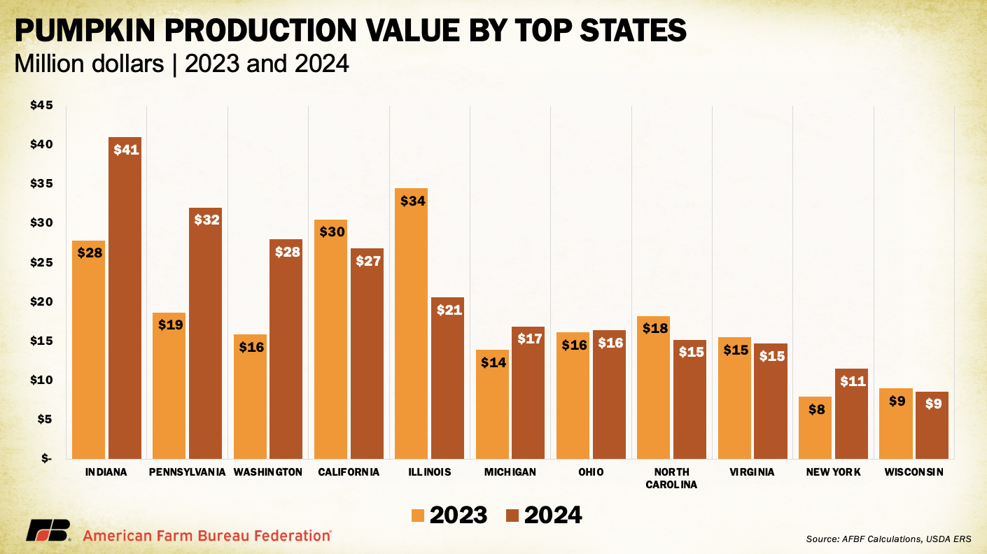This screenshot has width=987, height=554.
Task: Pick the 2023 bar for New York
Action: click(x=815, y=427)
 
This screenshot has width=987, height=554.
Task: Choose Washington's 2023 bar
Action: click(x=250, y=396)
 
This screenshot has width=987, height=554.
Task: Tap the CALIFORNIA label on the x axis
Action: click(x=349, y=472)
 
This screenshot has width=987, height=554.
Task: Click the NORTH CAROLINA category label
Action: click(x=672, y=478)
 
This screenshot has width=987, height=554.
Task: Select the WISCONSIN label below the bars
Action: click(x=913, y=472)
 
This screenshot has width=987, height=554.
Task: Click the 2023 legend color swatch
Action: click(x=417, y=516)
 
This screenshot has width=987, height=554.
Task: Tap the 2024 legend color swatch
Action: click(x=512, y=516)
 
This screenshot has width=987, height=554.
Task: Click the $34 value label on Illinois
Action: click(x=411, y=200)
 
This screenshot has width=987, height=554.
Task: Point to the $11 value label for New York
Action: click(x=852, y=381)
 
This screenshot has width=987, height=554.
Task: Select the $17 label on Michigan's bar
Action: click(x=528, y=339)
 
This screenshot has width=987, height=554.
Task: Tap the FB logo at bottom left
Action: click(x=48, y=531)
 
